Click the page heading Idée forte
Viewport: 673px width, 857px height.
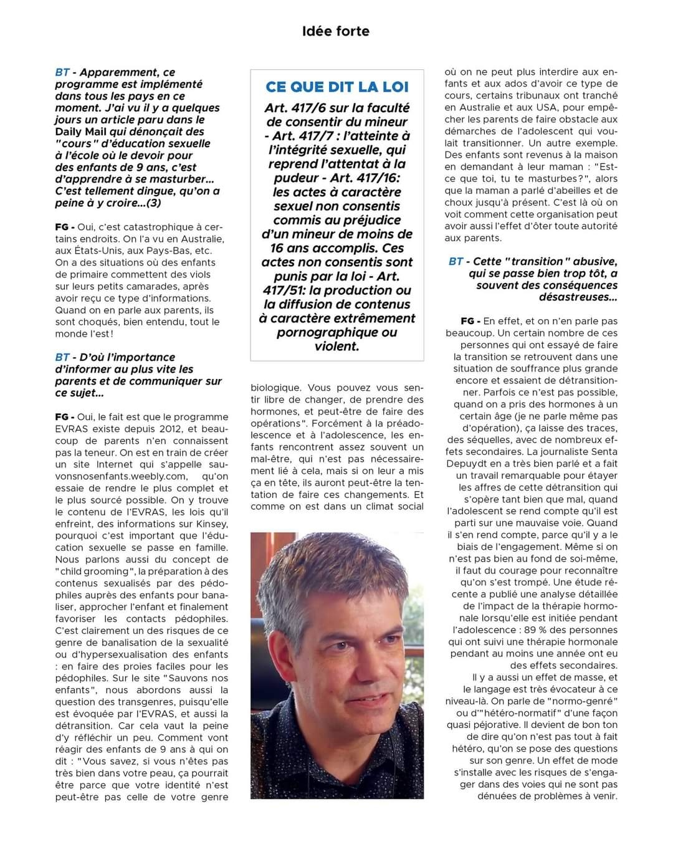(x=335, y=31)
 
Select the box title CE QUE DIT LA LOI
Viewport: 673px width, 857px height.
(x=336, y=87)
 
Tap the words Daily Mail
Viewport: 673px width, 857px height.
(x=81, y=132)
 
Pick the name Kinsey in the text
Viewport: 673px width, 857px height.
(x=214, y=524)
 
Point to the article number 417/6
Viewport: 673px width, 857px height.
(x=313, y=108)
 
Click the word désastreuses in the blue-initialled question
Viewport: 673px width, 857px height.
(x=578, y=297)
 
